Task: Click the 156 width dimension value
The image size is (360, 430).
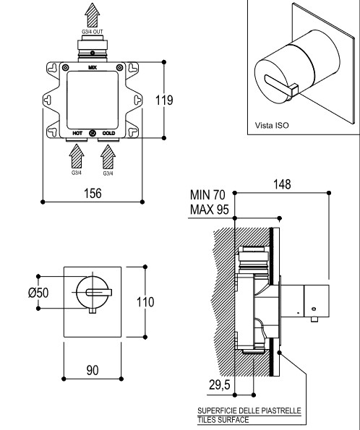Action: click(x=93, y=193)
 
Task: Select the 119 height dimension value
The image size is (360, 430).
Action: click(x=164, y=100)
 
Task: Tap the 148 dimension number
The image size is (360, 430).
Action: click(x=282, y=184)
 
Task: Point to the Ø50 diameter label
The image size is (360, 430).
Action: click(x=38, y=293)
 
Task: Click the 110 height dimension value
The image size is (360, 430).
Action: click(x=145, y=302)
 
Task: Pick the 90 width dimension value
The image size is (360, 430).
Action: click(x=93, y=370)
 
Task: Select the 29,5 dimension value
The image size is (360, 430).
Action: click(x=220, y=384)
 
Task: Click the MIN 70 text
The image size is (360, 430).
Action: click(x=207, y=195)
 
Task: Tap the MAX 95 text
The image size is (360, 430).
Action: click(x=210, y=210)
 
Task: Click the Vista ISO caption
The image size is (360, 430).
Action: click(x=272, y=125)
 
